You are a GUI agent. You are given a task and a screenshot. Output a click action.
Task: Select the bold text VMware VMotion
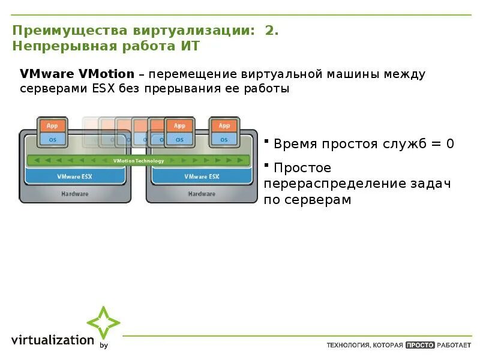click(77, 74)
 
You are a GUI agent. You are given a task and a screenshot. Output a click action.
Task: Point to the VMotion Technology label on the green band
click(138, 161)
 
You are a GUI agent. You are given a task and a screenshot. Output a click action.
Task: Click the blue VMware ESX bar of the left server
click(75, 176)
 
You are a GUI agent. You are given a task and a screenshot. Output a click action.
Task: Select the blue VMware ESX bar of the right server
click(202, 176)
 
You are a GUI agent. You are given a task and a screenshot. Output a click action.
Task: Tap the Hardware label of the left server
click(75, 194)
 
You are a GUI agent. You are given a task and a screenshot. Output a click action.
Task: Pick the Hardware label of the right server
click(202, 194)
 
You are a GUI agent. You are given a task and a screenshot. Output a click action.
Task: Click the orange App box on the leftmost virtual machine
click(52, 126)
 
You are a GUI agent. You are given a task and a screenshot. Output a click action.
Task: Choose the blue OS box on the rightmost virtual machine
click(224, 139)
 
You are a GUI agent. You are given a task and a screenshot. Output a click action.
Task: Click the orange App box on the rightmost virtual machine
click(224, 126)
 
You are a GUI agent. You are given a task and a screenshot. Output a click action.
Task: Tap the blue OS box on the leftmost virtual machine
click(52, 139)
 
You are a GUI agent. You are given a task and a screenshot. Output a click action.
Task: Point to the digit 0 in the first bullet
click(450, 144)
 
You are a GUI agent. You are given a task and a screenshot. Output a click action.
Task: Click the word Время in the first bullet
click(296, 144)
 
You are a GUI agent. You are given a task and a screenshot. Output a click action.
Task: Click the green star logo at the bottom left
click(103, 323)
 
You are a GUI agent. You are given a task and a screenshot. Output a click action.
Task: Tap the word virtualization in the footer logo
click(53, 340)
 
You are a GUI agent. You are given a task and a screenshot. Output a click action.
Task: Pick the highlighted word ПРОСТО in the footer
click(419, 345)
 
